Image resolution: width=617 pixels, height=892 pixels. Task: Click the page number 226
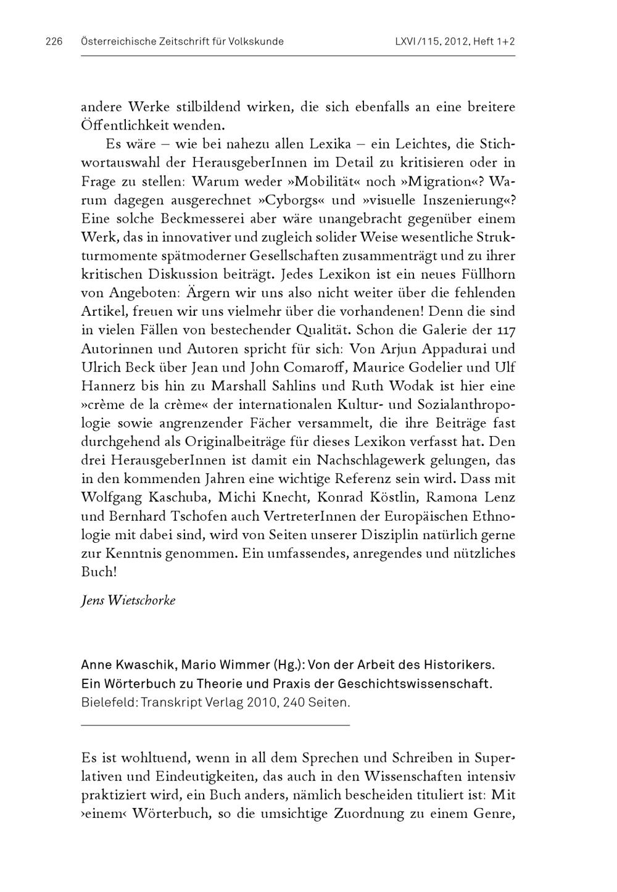pos(54,42)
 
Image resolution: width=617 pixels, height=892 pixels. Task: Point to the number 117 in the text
pos(505,330)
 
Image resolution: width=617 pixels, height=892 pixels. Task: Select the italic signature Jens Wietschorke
pos(128,600)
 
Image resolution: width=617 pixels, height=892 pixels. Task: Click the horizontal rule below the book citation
pos(215,724)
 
